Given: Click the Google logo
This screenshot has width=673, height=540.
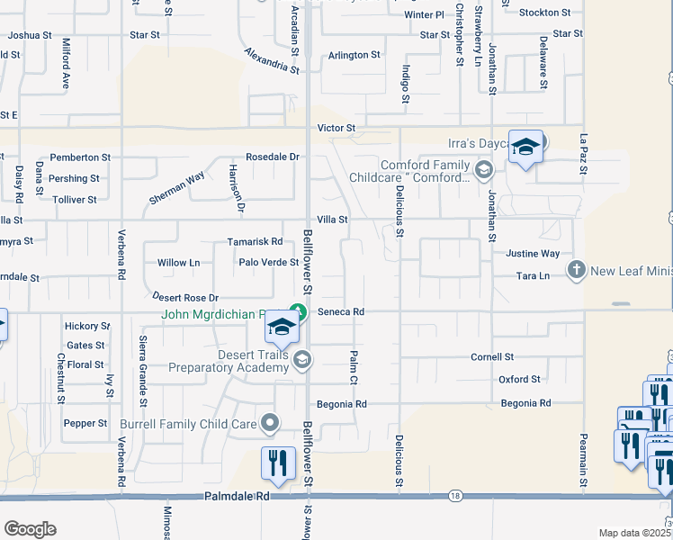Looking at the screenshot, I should pyautogui.click(x=30, y=529).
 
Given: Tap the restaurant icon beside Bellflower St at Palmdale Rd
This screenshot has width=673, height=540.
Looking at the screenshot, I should pyautogui.click(x=276, y=463).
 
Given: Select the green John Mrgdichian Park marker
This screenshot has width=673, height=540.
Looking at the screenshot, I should pyautogui.click(x=301, y=312).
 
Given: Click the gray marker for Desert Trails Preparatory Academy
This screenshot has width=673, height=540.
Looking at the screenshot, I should pyautogui.click(x=303, y=360).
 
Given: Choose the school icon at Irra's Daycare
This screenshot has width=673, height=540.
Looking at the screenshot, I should pyautogui.click(x=525, y=147).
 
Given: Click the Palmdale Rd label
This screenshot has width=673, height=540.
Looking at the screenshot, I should pyautogui.click(x=238, y=495).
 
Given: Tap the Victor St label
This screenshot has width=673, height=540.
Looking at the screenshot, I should pyautogui.click(x=336, y=129).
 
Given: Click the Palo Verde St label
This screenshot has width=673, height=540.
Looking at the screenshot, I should pyautogui.click(x=268, y=263).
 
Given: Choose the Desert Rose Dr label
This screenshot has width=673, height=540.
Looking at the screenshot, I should pyautogui.click(x=185, y=297).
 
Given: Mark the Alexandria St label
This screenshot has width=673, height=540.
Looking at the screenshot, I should pyautogui.click(x=271, y=61).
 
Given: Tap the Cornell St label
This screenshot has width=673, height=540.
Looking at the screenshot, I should pyautogui.click(x=492, y=357).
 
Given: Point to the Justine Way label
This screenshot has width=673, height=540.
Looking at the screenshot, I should pyautogui.click(x=533, y=255).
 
